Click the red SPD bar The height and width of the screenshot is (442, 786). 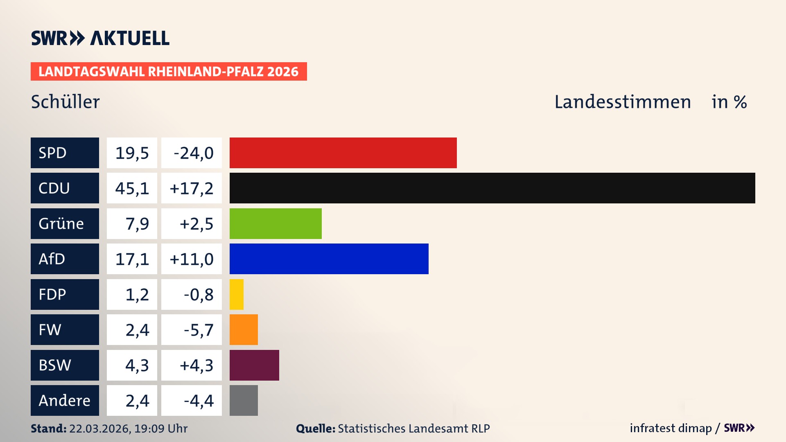pyautogui.click(x=343, y=153)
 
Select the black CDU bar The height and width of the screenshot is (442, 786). pyautogui.click(x=492, y=188)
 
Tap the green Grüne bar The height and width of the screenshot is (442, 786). pyautogui.click(x=276, y=223)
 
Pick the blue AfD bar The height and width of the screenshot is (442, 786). pyautogui.click(x=329, y=259)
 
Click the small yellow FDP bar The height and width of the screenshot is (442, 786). pyautogui.click(x=237, y=294)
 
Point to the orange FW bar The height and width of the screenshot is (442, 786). pyautogui.click(x=244, y=329)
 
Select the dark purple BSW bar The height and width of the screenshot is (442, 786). pyautogui.click(x=254, y=365)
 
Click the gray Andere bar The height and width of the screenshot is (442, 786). pyautogui.click(x=244, y=400)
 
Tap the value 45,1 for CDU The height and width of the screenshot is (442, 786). pyautogui.click(x=132, y=188)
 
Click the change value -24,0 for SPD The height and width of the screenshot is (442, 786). pyautogui.click(x=193, y=153)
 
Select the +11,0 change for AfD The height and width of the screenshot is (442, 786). pyautogui.click(x=192, y=259)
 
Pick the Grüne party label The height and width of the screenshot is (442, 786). pyautogui.click(x=61, y=223)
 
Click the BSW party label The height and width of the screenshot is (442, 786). pyautogui.click(x=55, y=365)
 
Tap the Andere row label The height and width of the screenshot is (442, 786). pyautogui.click(x=64, y=400)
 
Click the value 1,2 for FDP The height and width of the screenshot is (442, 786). pyautogui.click(x=137, y=295)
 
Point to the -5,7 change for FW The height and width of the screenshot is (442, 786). pyautogui.click(x=198, y=330)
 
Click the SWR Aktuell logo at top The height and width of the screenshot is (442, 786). pyautogui.click(x=100, y=38)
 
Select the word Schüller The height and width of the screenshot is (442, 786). pyautogui.click(x=65, y=102)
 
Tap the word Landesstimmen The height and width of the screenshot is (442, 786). pyautogui.click(x=622, y=102)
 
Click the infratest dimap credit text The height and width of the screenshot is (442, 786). pyautogui.click(x=671, y=428)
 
